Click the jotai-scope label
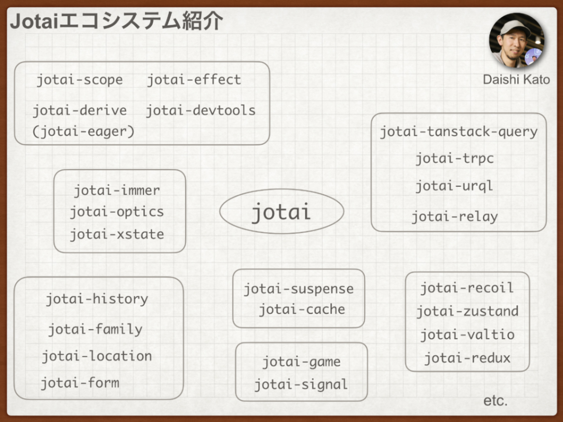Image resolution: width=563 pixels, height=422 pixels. tap(80, 80)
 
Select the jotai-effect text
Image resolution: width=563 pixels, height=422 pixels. tap(194, 79)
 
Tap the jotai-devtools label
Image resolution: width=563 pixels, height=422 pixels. tap(201, 110)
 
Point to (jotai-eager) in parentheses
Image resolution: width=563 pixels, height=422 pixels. tap(83, 132)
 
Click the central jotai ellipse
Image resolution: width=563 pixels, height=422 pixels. tap(282, 211)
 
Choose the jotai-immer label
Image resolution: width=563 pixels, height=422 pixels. tap(117, 190)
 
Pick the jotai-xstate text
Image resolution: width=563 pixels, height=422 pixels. tap(117, 234)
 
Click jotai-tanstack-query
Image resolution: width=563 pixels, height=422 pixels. tap(458, 132)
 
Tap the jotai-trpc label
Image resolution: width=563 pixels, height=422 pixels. tap(455, 158)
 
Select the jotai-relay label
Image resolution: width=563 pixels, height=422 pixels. tap(455, 217)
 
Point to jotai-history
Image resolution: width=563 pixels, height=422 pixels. tap(97, 299)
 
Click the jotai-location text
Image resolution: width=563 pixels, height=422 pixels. tap(97, 356)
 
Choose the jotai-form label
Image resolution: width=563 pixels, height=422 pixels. tap(80, 383)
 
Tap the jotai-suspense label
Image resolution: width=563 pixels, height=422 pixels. tap(299, 289)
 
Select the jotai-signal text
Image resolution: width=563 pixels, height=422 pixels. tap(301, 384)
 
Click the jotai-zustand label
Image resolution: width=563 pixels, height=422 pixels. tap(468, 311)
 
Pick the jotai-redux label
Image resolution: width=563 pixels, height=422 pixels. tap(467, 358)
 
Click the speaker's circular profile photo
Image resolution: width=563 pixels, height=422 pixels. tap(517, 40)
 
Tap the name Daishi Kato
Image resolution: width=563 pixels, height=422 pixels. tap(517, 80)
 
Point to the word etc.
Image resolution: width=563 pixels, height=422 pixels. tap(495, 401)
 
